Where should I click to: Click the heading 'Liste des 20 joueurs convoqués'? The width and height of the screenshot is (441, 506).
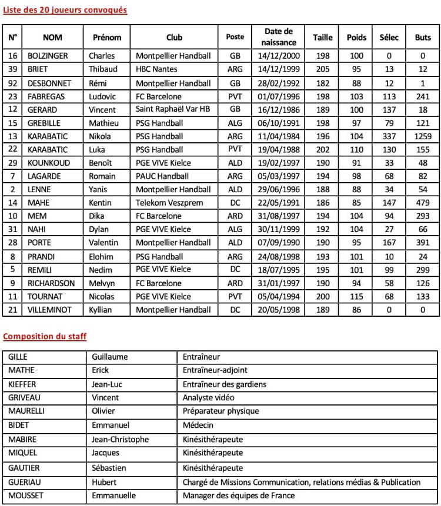pyautogui.click(x=65, y=10)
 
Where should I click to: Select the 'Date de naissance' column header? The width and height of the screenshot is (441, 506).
pyautogui.click(x=278, y=36)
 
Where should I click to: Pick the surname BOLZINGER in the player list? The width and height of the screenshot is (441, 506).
pyautogui.click(x=48, y=56)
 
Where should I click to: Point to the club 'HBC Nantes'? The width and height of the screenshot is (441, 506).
pyautogui.click(x=157, y=69)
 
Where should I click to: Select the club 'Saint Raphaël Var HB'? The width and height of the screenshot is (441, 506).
pyautogui.click(x=171, y=109)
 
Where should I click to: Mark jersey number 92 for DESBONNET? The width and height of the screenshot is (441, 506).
pyautogui.click(x=12, y=83)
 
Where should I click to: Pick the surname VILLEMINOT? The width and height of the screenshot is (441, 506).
pyautogui.click(x=51, y=310)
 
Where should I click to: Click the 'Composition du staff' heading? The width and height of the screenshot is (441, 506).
pyautogui.click(x=45, y=336)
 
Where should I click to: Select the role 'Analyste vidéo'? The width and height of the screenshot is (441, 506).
pyautogui.click(x=209, y=397)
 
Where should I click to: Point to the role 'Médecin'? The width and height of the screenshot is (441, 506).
pyautogui.click(x=198, y=425)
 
